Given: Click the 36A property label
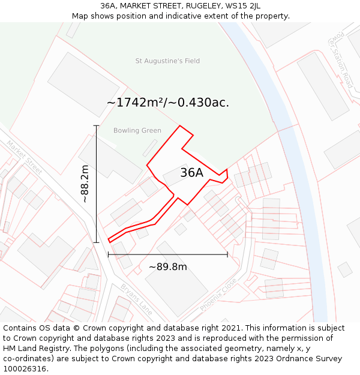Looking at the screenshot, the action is [x=191, y=173].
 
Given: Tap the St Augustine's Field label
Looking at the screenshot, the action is [x=167, y=61].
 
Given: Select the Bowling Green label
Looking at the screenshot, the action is [x=137, y=131].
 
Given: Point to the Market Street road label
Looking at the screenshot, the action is [x=25, y=158].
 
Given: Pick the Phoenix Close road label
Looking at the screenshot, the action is [x=218, y=293].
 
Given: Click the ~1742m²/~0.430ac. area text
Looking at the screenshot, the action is [x=168, y=103].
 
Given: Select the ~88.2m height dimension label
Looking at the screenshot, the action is [x=85, y=184].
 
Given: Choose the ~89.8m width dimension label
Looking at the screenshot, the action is [x=168, y=267].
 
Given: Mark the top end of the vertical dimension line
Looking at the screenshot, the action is [x=96, y=125].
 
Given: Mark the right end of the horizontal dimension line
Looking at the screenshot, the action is [x=227, y=254].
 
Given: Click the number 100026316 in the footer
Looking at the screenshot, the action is [x=26, y=368].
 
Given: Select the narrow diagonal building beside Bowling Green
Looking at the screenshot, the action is [x=149, y=148].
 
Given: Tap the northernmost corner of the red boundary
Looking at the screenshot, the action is [x=179, y=125].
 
